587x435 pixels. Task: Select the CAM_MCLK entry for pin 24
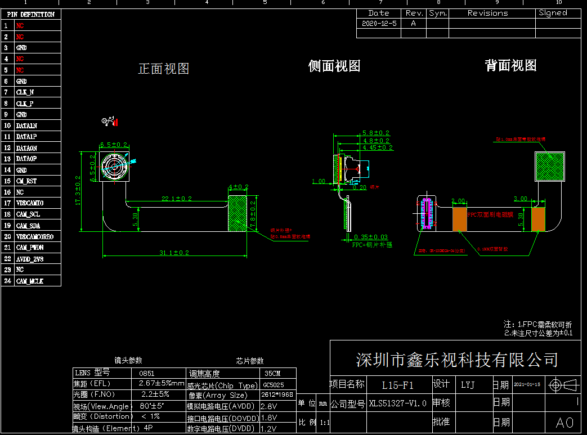[30, 281]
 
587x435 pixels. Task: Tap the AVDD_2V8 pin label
[30, 259]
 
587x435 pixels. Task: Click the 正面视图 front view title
[164, 69]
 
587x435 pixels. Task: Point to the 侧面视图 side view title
[334, 66]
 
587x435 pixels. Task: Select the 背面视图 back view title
[510, 65]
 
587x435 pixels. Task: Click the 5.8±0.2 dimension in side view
[377, 133]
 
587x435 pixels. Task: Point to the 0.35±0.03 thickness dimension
[371, 237]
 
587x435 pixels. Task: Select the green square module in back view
[550, 167]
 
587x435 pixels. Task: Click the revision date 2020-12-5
[379, 23]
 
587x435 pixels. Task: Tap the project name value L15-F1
[397, 385]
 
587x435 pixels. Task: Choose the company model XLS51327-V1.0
[397, 403]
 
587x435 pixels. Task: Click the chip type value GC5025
[274, 385]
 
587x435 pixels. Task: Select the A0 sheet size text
[564, 423]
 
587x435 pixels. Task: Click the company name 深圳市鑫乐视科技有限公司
[456, 360]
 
